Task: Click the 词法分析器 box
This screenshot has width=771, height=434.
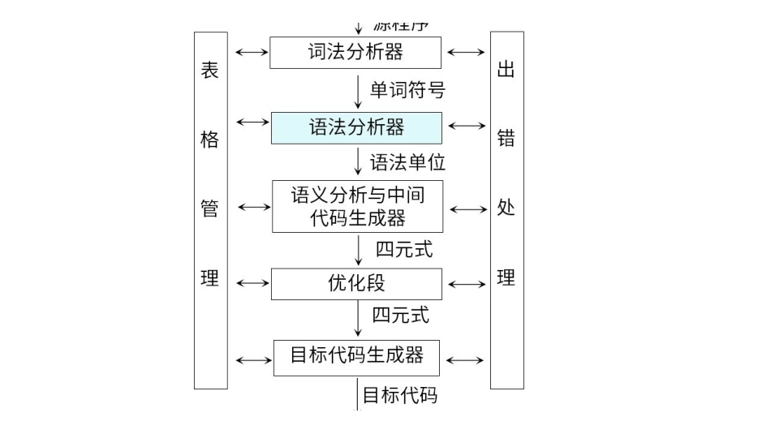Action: pos(355,53)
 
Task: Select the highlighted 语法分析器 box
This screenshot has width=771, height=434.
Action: pos(356,128)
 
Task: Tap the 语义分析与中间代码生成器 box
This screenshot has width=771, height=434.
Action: pos(357,206)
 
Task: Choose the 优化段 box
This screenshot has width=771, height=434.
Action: pos(356,284)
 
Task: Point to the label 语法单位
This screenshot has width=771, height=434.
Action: pos(407,162)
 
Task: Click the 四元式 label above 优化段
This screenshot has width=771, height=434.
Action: pos(404,249)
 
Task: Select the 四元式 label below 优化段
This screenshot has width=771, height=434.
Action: pos(401,314)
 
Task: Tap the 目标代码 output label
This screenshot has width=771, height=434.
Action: pos(399,395)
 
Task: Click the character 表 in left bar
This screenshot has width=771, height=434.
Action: pos(210,70)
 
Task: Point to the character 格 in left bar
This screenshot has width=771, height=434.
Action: pos(210,140)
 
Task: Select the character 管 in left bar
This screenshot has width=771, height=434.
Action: pos(210,208)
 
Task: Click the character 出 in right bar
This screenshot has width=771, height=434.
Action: pos(506,70)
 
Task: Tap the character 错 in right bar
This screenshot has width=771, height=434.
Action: pos(506,140)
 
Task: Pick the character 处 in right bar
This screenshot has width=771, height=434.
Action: pos(506,208)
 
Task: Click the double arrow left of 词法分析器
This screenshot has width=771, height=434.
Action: pos(251,52)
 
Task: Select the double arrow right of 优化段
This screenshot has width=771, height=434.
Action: pos(467,285)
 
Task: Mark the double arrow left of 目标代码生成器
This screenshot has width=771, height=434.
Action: pos(253,359)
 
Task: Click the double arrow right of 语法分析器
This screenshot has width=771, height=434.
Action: pos(467,126)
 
